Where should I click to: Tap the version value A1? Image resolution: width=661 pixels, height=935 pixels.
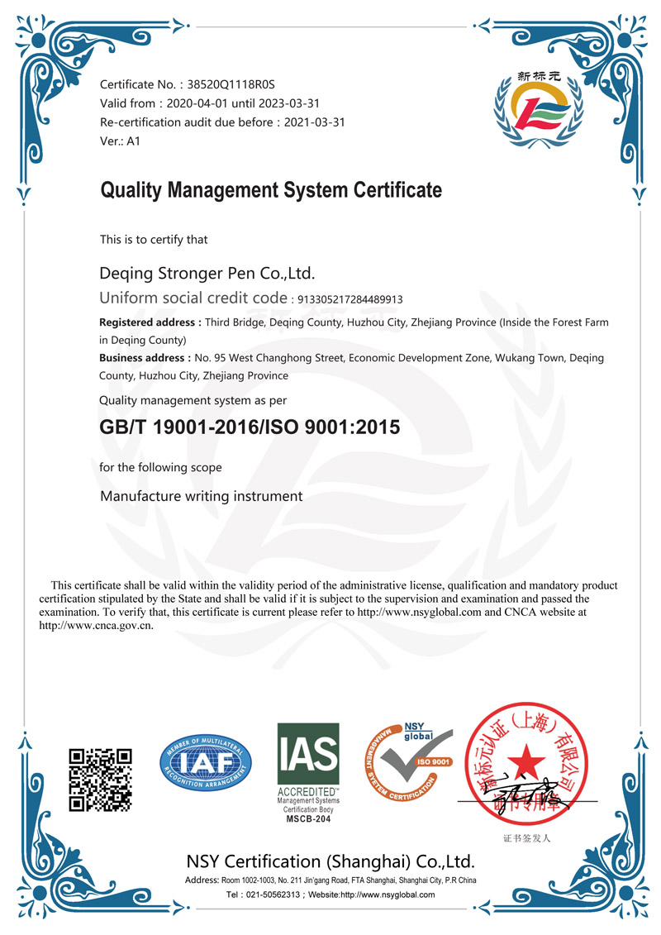point(133,141)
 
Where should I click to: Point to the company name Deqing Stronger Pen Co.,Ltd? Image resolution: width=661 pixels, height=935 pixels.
point(207,273)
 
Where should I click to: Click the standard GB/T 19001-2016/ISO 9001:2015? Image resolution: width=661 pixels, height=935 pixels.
point(249,428)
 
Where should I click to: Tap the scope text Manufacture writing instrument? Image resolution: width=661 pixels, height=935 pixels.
point(201,497)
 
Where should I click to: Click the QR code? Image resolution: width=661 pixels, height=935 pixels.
point(100,779)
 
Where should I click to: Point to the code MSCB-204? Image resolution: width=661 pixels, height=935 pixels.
point(307,818)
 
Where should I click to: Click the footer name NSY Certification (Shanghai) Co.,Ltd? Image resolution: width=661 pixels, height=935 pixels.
point(330,861)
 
